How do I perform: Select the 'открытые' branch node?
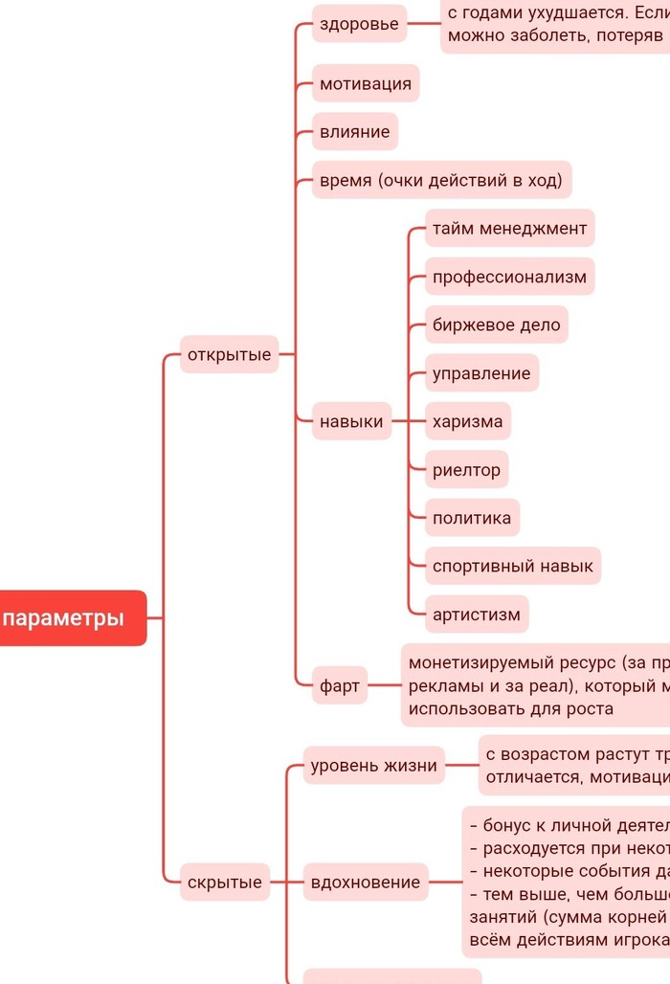tap(229, 355)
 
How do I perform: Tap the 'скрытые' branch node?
tap(224, 883)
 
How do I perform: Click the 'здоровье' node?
tap(359, 24)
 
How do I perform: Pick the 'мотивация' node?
tap(366, 83)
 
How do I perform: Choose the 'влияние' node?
tap(354, 132)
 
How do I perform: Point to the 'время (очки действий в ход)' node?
tap(441, 180)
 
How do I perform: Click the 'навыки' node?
tap(351, 421)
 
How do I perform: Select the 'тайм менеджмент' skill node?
tap(509, 229)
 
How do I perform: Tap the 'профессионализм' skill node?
tap(509, 277)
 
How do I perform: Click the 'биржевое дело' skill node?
tap(496, 325)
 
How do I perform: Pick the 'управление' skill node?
tap(481, 373)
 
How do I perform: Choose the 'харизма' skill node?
tap(467, 421)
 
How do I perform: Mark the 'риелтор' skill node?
tap(466, 470)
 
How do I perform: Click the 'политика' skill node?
tap(472, 519)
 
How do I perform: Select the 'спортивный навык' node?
tap(512, 566)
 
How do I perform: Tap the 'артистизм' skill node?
tap(477, 615)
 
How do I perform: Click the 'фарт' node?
tap(339, 685)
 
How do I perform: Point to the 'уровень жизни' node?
tap(373, 766)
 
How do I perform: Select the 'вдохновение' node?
tap(365, 883)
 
